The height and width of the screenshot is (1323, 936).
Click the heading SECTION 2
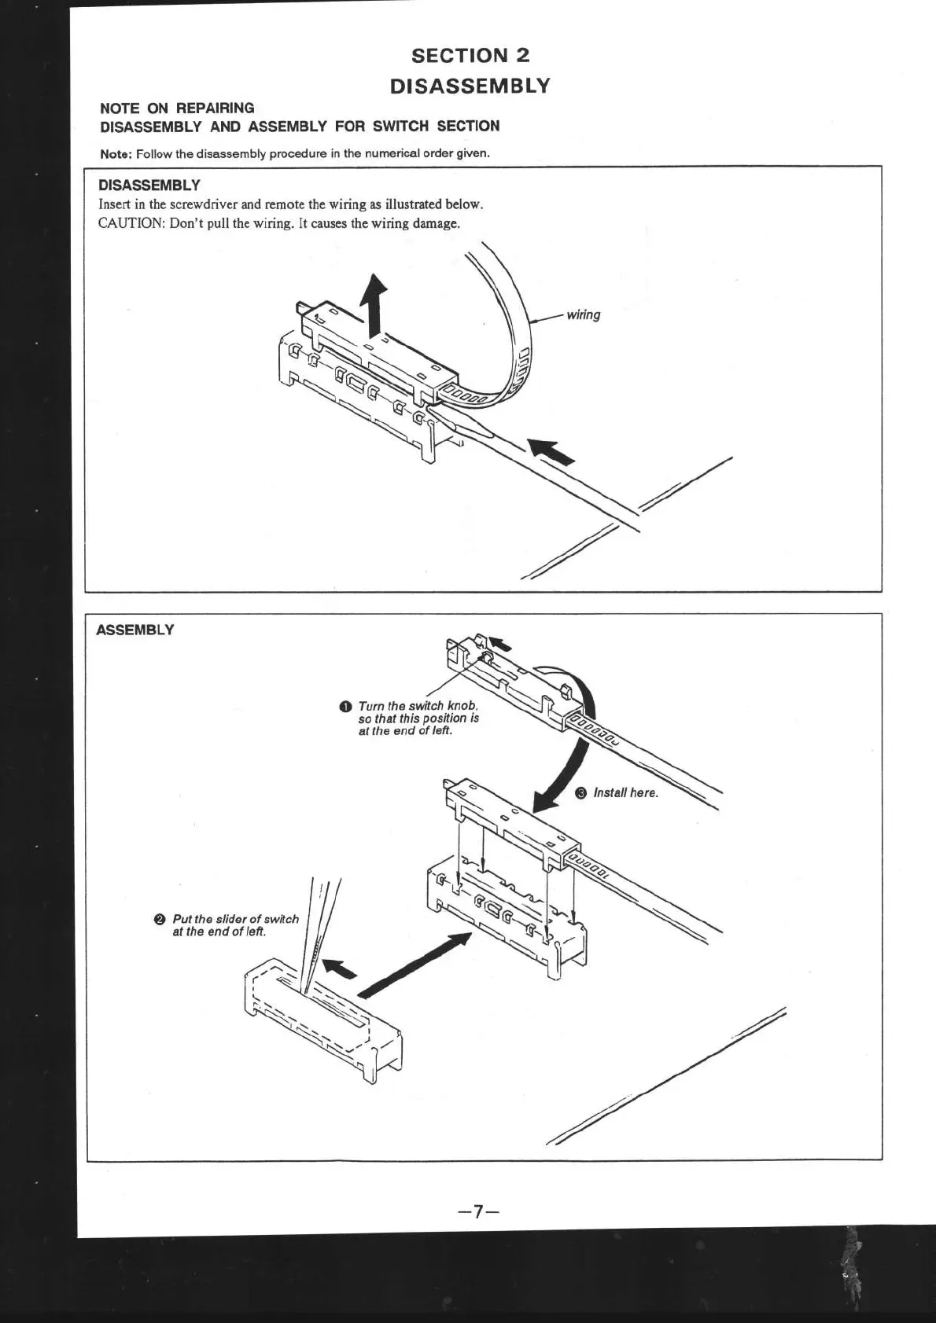click(x=470, y=56)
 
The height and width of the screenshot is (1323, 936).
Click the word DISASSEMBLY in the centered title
click(x=470, y=86)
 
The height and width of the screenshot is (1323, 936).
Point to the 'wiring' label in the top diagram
click(x=583, y=315)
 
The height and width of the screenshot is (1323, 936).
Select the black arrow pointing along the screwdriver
click(x=551, y=451)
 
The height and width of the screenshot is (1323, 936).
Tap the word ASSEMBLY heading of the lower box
click(x=135, y=630)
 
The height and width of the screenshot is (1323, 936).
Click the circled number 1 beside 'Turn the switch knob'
click(x=345, y=706)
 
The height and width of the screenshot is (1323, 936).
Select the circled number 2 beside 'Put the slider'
click(x=160, y=919)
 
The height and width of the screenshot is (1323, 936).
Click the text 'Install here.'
click(x=625, y=792)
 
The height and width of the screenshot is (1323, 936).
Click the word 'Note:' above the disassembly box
click(x=116, y=153)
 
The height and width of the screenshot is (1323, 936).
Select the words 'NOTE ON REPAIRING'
click(x=177, y=108)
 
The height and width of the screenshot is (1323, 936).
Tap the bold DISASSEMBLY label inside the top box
click(x=149, y=186)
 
